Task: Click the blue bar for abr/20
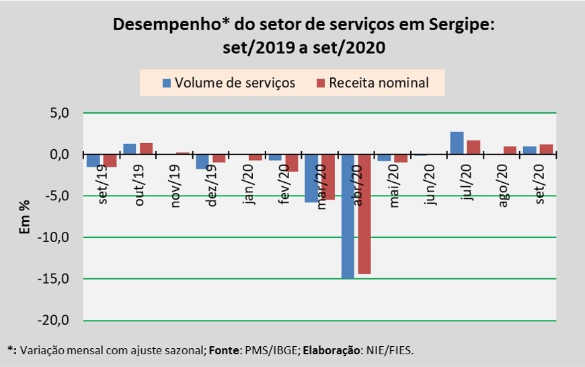(x=348, y=216)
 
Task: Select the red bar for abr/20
(x=364, y=214)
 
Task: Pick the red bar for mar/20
(x=328, y=177)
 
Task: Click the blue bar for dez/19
(x=202, y=161)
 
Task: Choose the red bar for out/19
(x=146, y=149)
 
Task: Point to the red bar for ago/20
(x=510, y=151)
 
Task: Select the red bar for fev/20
(x=292, y=163)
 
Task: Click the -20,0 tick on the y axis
(x=56, y=321)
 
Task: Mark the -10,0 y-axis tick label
(x=56, y=237)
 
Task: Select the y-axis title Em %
(x=25, y=217)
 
